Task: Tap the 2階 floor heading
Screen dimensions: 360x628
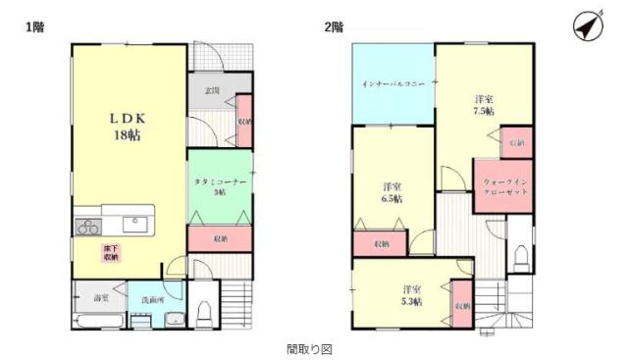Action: pyautogui.click(x=334, y=26)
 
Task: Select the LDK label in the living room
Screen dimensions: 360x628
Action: pyautogui.click(x=128, y=116)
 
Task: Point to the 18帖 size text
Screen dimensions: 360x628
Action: pyautogui.click(x=128, y=135)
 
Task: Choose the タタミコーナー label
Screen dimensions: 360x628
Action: pyautogui.click(x=218, y=182)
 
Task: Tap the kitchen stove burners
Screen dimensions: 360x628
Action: pyautogui.click(x=87, y=226)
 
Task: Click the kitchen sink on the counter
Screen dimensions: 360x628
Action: pyautogui.click(x=134, y=225)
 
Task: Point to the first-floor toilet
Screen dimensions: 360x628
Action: pyautogui.click(x=204, y=314)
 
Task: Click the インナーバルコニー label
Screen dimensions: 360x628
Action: pyautogui.click(x=392, y=85)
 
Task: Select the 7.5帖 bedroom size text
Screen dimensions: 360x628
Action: pyautogui.click(x=484, y=111)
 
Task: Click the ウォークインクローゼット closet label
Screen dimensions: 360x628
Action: pyautogui.click(x=504, y=187)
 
